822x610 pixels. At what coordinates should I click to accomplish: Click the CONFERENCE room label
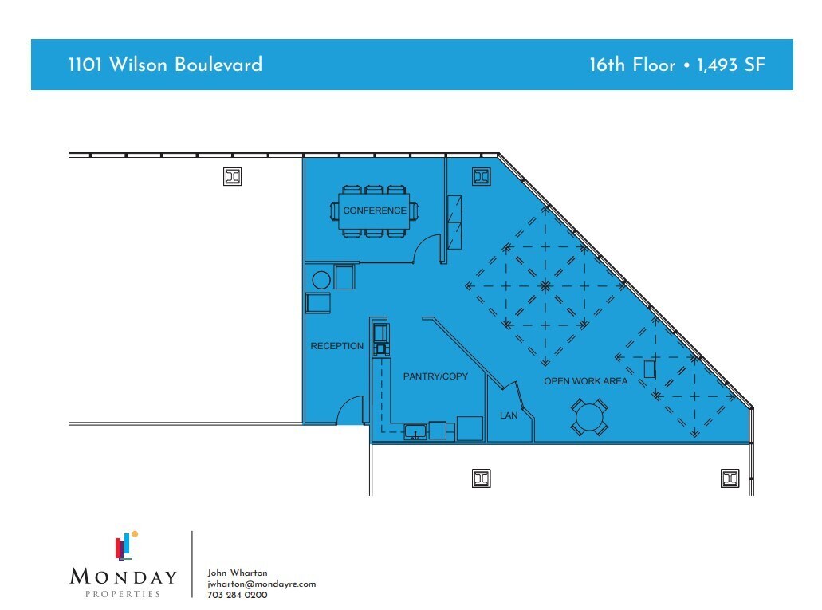(374, 211)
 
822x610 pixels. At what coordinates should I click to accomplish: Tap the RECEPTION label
(336, 346)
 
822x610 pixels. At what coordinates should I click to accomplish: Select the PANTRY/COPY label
(435, 376)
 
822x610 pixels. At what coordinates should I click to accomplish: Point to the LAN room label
(509, 415)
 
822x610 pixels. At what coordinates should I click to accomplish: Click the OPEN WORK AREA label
(585, 381)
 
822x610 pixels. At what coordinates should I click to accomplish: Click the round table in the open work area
(590, 418)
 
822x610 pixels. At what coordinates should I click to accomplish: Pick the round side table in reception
(321, 280)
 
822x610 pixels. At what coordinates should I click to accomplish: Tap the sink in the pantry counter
(415, 432)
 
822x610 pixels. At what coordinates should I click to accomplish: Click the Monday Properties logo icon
(126, 546)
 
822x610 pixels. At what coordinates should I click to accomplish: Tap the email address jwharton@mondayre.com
(262, 584)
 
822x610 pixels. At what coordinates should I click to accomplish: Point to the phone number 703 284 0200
(237, 595)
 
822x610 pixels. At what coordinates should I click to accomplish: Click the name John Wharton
(237, 573)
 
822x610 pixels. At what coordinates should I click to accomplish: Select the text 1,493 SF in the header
(731, 65)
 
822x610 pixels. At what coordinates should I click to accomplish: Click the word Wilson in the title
(139, 65)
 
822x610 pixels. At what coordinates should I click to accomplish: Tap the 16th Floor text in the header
(632, 65)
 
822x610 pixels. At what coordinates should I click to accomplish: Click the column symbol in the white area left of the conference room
(233, 177)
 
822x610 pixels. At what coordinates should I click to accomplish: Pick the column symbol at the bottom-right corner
(730, 478)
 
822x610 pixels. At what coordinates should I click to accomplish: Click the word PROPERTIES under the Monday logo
(123, 594)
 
